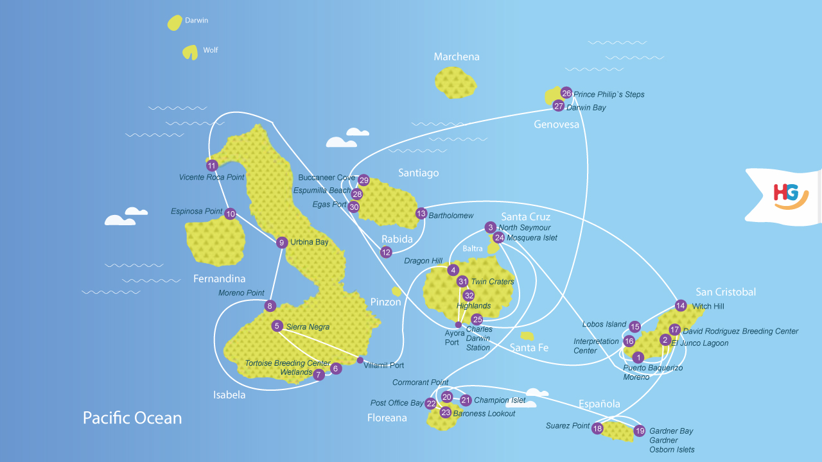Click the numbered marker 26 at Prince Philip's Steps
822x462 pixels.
(x=566, y=93)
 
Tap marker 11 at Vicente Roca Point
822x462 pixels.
(x=212, y=166)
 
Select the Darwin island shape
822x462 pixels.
(x=175, y=23)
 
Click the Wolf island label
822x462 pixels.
(x=211, y=50)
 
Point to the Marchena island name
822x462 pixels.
(x=457, y=56)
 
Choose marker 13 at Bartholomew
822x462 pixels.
(x=421, y=214)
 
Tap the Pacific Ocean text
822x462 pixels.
(x=132, y=418)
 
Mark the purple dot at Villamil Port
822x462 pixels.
(x=360, y=360)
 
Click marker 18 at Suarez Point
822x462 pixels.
(x=597, y=429)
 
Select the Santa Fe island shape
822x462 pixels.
(x=527, y=336)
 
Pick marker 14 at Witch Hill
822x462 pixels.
(x=681, y=305)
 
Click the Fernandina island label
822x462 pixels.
(x=220, y=279)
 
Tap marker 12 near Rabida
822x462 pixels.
(x=386, y=252)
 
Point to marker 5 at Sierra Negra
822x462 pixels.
(x=277, y=326)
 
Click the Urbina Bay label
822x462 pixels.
(x=310, y=243)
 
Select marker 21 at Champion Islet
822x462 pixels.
(x=466, y=400)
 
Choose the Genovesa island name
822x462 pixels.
(x=557, y=124)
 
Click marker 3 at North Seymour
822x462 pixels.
(x=491, y=227)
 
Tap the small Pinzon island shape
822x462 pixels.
(x=397, y=291)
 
